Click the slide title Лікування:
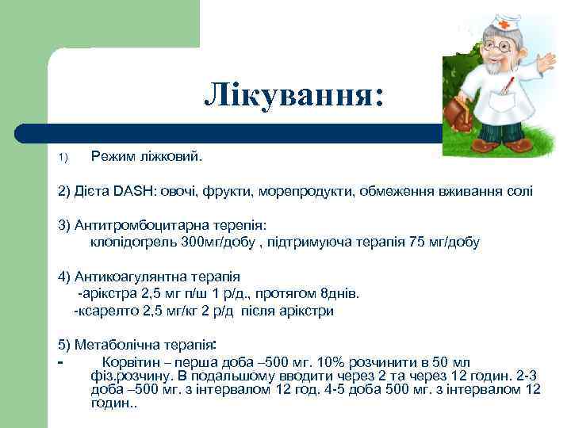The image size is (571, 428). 293,95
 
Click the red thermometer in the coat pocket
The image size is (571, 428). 508,87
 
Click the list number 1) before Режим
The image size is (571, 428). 64,157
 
